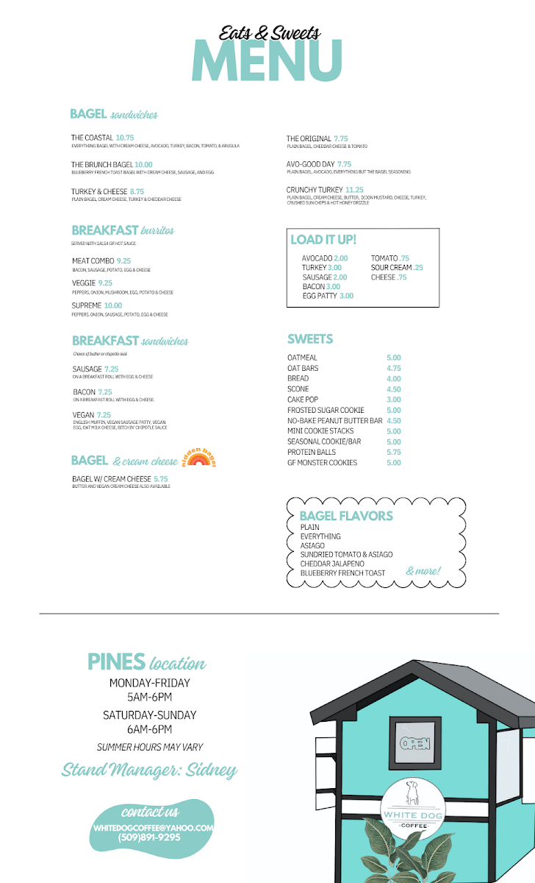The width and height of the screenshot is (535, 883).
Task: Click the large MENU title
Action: click(267, 59)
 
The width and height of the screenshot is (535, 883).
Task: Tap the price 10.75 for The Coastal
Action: click(125, 138)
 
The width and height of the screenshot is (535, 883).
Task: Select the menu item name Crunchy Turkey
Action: click(315, 190)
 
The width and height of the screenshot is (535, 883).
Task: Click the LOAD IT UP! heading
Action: click(323, 240)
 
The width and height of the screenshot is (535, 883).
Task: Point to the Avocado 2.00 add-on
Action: click(325, 258)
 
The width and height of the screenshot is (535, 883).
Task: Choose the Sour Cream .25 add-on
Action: click(397, 268)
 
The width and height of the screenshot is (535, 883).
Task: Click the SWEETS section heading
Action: click(310, 339)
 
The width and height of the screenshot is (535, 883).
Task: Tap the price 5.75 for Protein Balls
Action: click(394, 453)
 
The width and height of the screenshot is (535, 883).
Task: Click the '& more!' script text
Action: click(423, 571)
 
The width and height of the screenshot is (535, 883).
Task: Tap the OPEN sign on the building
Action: click(415, 743)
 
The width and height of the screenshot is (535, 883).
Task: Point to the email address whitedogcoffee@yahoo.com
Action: click(153, 827)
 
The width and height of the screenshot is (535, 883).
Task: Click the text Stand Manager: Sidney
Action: click(149, 770)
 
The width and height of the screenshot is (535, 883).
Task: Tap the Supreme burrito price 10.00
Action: click(113, 305)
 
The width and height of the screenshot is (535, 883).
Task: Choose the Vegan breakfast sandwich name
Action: click(83, 415)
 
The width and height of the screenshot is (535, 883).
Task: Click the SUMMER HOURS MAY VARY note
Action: click(150, 747)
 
